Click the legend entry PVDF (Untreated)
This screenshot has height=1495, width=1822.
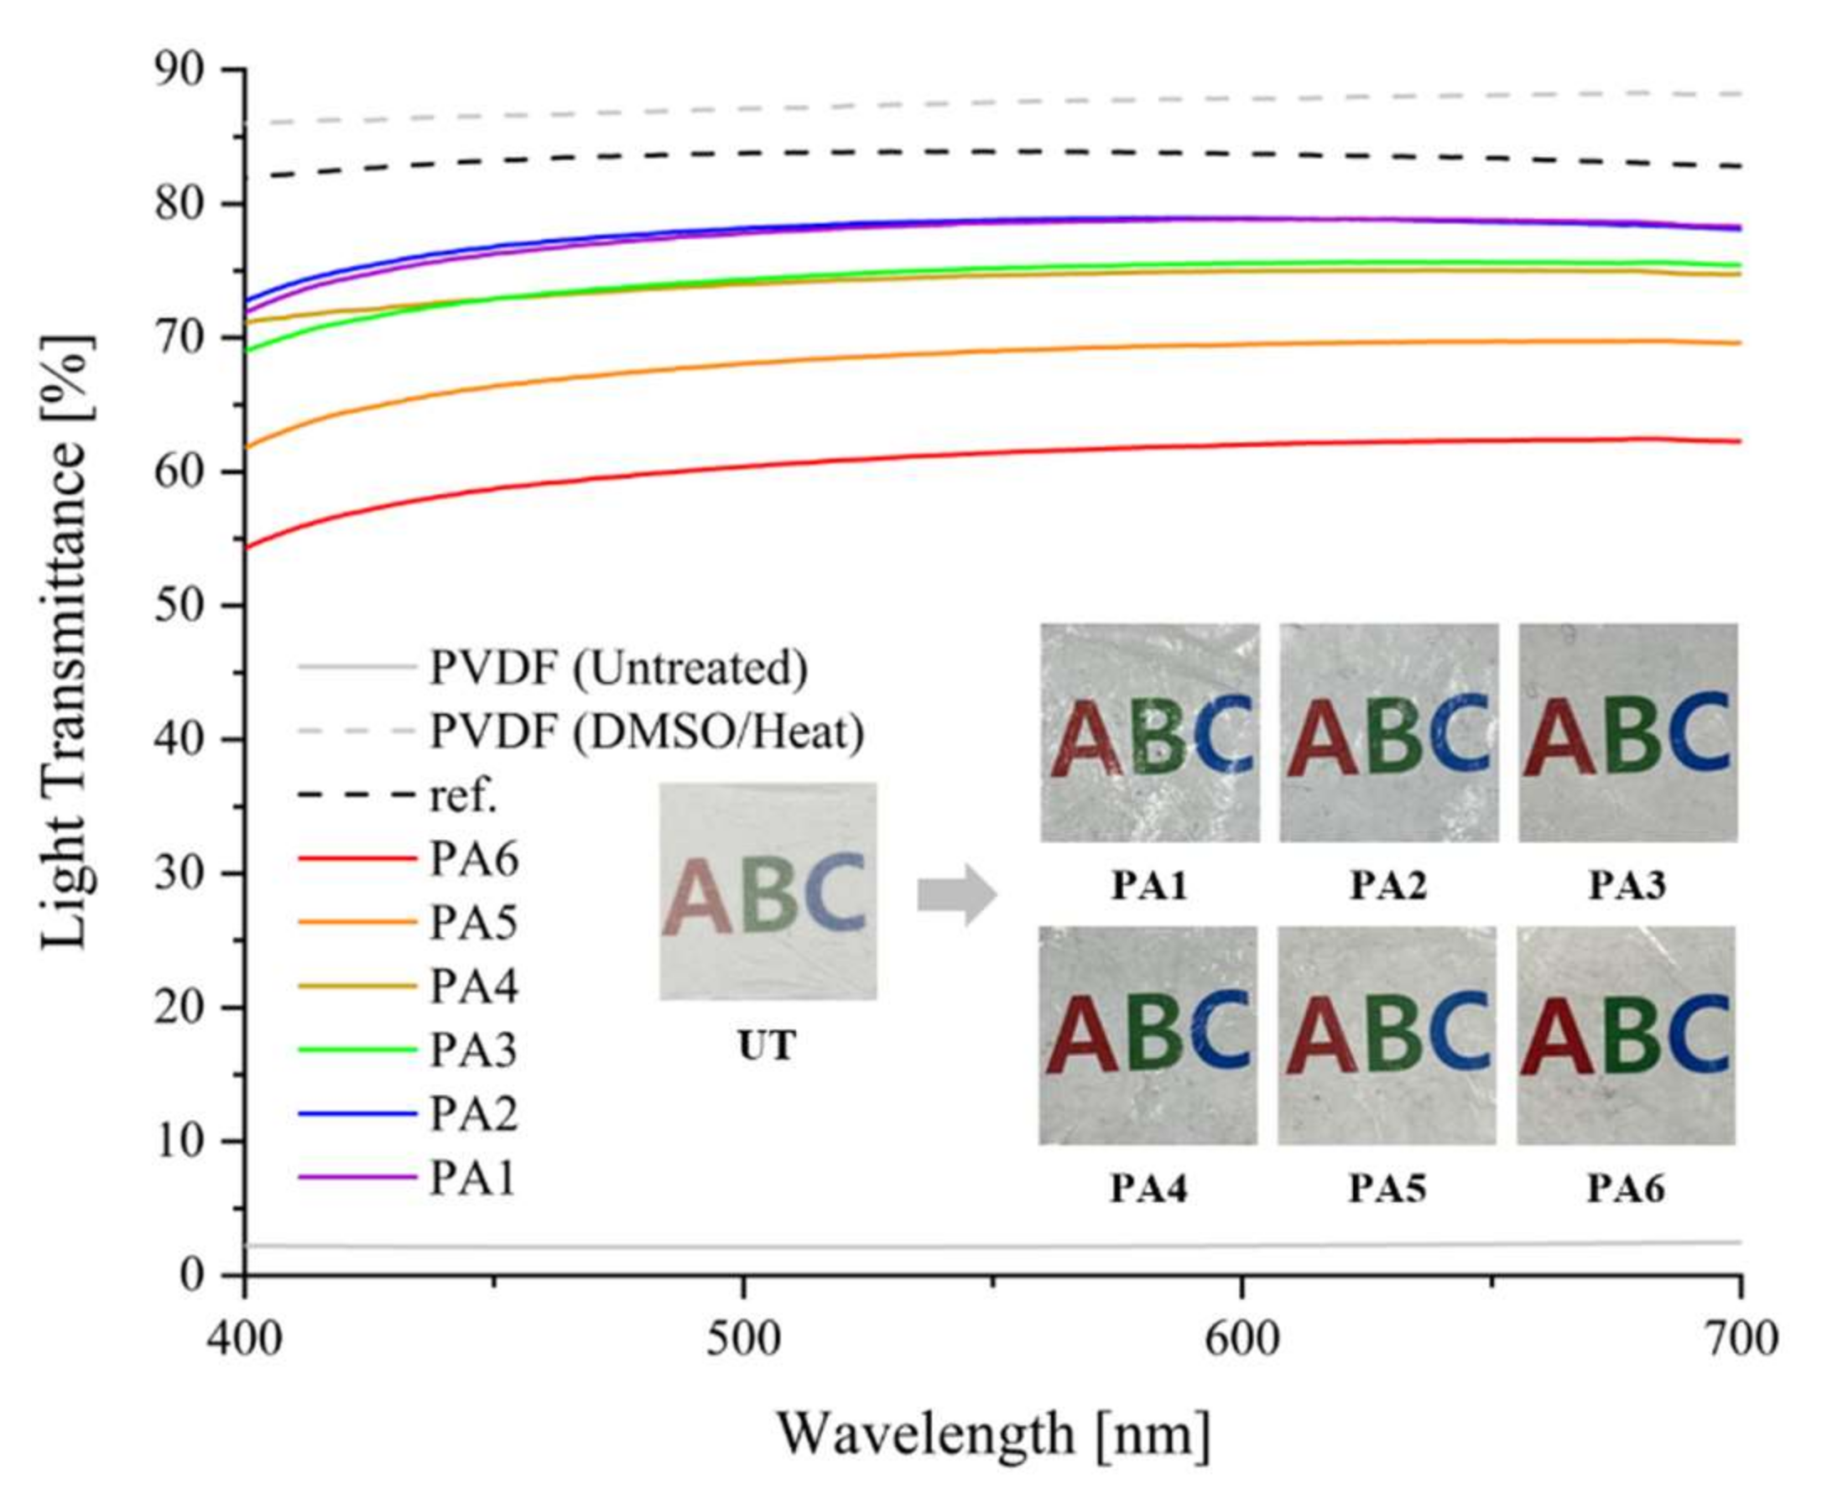[617, 668]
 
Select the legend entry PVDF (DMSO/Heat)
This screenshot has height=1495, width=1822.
[646, 732]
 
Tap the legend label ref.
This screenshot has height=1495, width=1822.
[463, 797]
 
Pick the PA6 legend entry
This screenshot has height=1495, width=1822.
[474, 859]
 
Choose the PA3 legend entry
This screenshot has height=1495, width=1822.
[474, 1050]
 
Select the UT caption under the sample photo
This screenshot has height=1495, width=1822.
[768, 1045]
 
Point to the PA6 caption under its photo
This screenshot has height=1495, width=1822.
[1626, 1190]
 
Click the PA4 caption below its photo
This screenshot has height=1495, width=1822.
[1148, 1190]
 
